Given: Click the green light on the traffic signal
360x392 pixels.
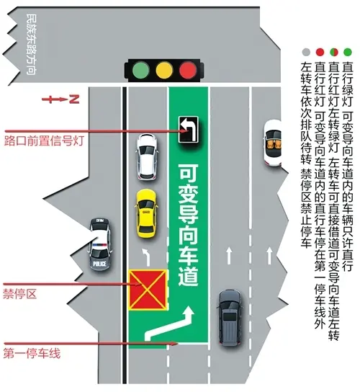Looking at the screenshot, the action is pos(141,70).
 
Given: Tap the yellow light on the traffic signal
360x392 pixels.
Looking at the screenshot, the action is pos(164,70).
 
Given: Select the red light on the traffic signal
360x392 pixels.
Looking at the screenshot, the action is pos(188,70).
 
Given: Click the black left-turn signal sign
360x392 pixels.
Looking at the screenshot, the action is pos(189,130).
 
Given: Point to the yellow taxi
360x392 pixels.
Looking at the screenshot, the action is pos(146,214).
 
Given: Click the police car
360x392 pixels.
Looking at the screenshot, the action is pos(100,244).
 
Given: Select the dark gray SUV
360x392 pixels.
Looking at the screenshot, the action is pos(230,318).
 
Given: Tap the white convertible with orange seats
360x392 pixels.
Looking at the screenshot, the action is pos(273,143).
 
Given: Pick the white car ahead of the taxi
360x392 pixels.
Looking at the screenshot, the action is pos(147,156).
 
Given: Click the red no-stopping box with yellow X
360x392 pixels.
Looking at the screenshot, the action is pos(148,290).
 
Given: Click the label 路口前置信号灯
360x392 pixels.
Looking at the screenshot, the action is pos(44,141).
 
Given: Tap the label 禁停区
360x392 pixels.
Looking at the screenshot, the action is pos(20,294).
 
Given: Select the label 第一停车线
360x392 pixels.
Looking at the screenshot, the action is pos(32,354).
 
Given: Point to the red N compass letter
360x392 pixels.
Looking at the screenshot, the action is pos(74,99).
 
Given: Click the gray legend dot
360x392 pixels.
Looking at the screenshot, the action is pos(306,53).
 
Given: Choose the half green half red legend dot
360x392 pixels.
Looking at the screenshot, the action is pos(334,53).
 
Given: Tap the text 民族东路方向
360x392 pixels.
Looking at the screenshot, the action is pos(32,44).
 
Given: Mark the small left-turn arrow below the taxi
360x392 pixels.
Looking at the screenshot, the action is pos(146,257).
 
